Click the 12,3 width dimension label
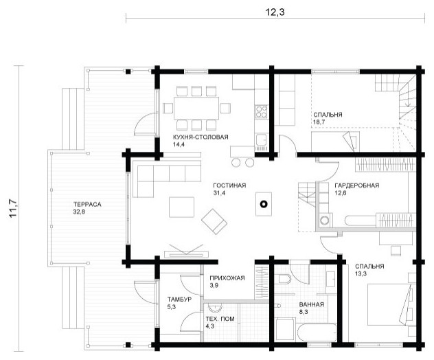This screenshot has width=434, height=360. pos(275,12)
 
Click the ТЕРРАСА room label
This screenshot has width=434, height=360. pos(87,204)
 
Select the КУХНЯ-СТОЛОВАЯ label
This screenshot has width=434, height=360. pos(201,137)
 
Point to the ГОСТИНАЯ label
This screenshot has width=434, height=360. pos(229,185)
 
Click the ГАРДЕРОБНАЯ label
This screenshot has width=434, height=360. pos(357,185)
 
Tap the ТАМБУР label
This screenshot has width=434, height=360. pos(179,300)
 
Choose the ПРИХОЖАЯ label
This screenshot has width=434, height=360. pos(227,278)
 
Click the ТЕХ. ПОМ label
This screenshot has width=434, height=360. pos(220,319)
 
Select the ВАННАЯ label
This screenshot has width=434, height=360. pos(311,304)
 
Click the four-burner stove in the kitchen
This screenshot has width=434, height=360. pos(261,111)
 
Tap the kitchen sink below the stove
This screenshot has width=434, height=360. pos(261,140)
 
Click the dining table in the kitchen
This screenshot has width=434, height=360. pos(196,108)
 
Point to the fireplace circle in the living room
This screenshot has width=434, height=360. pos(264,204)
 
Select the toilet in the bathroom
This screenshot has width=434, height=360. pos(284,278)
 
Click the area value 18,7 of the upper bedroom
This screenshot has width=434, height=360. pos(319,122)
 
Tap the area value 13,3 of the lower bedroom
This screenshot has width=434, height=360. pos(361,274)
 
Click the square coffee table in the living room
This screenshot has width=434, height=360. pos(181,207)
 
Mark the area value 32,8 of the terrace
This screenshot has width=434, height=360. pos(80,212)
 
